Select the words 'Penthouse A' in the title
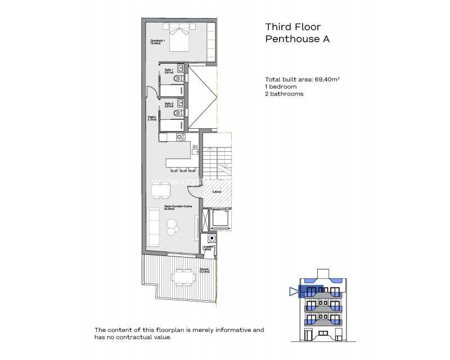click(296, 39)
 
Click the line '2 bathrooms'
click(284, 94)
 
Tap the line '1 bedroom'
click(281, 87)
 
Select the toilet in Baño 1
click(178, 78)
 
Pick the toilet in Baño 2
click(178, 112)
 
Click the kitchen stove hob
click(180, 136)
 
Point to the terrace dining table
click(182, 276)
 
